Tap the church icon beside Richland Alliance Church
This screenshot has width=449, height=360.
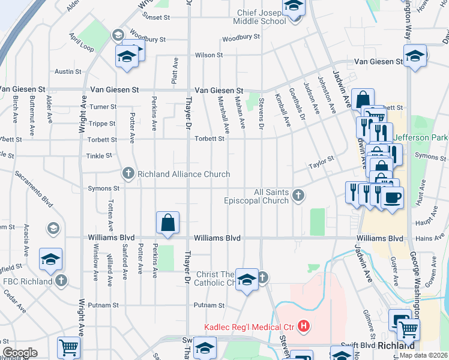(128, 174)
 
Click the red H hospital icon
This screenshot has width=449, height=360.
(304, 327)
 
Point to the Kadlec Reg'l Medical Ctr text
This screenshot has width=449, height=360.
(249, 327)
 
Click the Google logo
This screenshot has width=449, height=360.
(20, 353)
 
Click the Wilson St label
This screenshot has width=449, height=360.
(209, 55)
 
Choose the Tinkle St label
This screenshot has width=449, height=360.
(100, 155)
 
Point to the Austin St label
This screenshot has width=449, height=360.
(68, 71)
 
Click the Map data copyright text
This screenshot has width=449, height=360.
(424, 355)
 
